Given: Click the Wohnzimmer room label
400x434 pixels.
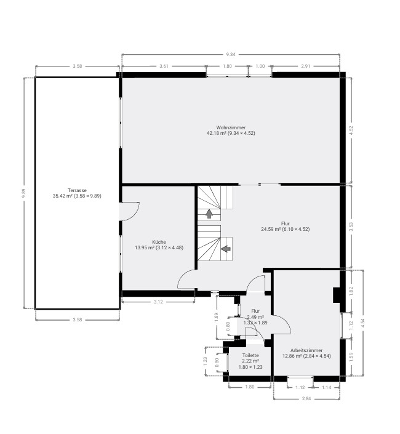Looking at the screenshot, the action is tap(231, 127).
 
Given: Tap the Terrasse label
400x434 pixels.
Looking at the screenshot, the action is tap(77, 190).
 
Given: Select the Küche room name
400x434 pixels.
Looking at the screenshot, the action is tap(159, 242).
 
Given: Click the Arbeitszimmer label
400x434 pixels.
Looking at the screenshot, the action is tap(306, 350).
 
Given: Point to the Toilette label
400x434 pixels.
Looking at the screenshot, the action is tap(250, 355).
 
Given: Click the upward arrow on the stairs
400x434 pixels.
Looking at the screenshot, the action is tap(209, 214).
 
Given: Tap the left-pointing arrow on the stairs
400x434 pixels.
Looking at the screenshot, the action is tap(226, 249).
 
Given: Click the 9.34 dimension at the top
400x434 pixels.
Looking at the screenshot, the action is tap(230, 55).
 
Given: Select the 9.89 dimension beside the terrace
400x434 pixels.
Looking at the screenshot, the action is tap(24, 193).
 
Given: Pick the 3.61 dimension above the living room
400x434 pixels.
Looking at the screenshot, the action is tap(164, 66).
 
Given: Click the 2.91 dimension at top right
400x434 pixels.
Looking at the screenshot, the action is tap(306, 66).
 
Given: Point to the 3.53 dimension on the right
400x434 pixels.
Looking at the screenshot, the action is tap(351, 227).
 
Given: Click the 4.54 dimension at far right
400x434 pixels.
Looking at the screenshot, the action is tap(363, 323).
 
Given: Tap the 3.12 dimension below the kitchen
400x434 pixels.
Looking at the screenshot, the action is tap(158, 302).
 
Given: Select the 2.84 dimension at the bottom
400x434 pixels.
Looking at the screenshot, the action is tap(306, 398).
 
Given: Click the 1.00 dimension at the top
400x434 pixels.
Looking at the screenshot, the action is tap(260, 66).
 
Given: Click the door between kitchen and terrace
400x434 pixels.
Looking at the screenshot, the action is tap(129, 212).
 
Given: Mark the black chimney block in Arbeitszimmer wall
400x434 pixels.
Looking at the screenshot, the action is tap(337, 295).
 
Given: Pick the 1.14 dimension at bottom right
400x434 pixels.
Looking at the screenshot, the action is tap(326, 387).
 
